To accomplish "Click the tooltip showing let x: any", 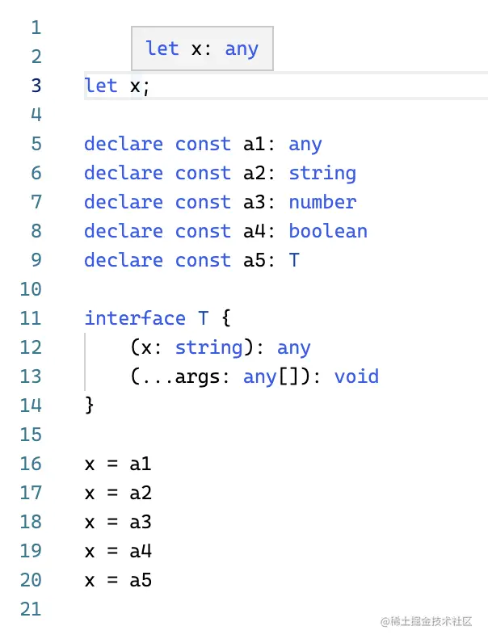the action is pyautogui.click(x=202, y=48).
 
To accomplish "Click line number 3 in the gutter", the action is pyautogui.click(x=35, y=86).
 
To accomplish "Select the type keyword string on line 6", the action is pyautogui.click(x=322, y=173).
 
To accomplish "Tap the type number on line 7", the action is pyautogui.click(x=322, y=202).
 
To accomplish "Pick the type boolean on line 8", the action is pyautogui.click(x=328, y=231).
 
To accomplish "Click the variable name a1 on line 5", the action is pyautogui.click(x=255, y=144).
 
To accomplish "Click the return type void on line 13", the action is pyautogui.click(x=356, y=376).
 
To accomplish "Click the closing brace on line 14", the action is pyautogui.click(x=90, y=406).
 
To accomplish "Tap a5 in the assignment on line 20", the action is pyautogui.click(x=141, y=580).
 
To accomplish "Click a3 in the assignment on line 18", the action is pyautogui.click(x=141, y=522).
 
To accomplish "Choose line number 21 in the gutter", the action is pyautogui.click(x=30, y=609).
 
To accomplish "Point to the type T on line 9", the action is pyautogui.click(x=294, y=260).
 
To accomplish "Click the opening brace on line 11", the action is pyautogui.click(x=225, y=318).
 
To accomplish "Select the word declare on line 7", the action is pyautogui.click(x=124, y=202).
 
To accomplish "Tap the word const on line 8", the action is pyautogui.click(x=203, y=231).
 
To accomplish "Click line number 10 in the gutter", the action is pyautogui.click(x=30, y=289).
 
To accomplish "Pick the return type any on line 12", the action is pyautogui.click(x=294, y=347).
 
